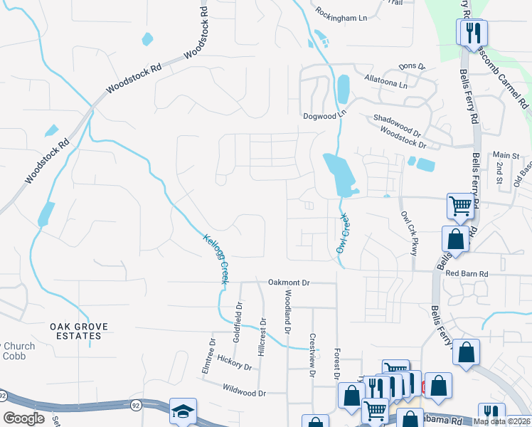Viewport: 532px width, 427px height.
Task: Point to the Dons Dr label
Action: (x=411, y=67)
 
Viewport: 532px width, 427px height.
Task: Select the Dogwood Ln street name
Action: (x=324, y=114)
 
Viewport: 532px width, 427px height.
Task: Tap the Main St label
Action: (x=507, y=155)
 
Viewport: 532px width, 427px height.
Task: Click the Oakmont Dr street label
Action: (x=289, y=283)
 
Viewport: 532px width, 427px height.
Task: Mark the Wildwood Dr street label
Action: (x=244, y=393)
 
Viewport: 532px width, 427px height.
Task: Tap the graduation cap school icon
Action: (x=183, y=411)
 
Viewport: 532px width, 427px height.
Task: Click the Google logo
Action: (x=24, y=418)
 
